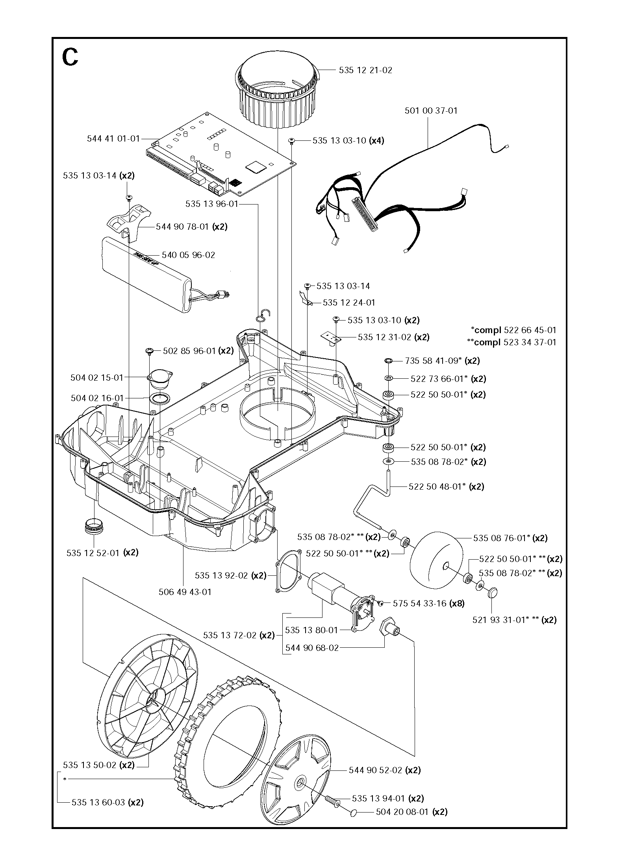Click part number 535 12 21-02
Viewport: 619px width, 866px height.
click(x=365, y=70)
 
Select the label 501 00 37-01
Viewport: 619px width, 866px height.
click(x=431, y=111)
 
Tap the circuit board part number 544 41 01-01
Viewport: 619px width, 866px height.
click(x=113, y=139)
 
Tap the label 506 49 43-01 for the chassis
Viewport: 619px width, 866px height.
click(x=185, y=592)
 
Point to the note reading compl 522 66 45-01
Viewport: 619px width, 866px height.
click(x=514, y=330)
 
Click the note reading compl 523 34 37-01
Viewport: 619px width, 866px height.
click(x=512, y=342)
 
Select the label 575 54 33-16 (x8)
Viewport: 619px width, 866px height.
click(x=428, y=603)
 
